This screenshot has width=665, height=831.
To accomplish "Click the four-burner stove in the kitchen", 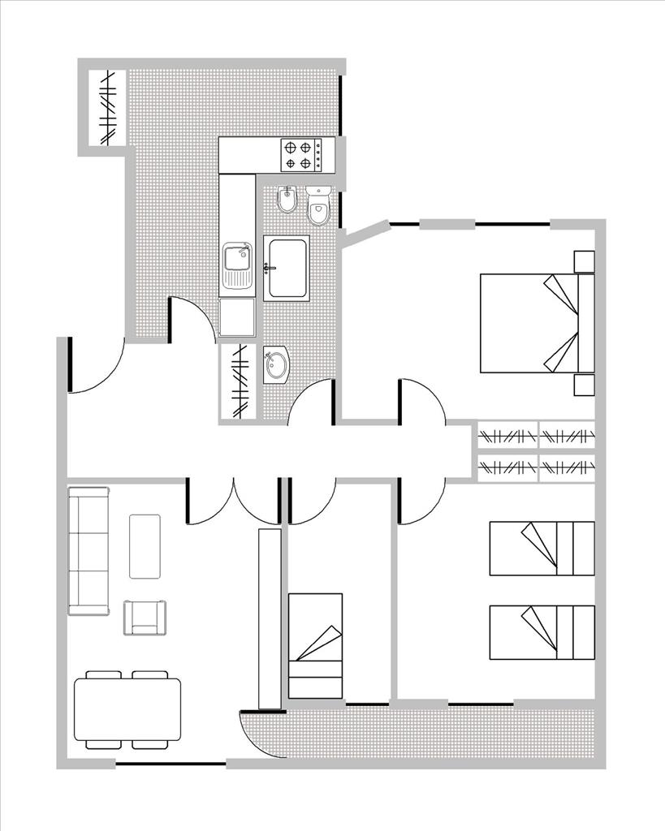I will pyautogui.click(x=300, y=155).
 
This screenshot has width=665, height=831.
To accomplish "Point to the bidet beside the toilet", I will pyautogui.click(x=287, y=200).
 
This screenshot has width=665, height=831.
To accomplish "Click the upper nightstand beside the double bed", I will pyautogui.click(x=584, y=261).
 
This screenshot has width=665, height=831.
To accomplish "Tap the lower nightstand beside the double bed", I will pyautogui.click(x=584, y=385).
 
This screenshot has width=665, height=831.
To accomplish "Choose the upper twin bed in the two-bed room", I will pyautogui.click(x=542, y=549).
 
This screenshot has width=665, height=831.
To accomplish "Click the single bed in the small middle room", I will pyautogui.click(x=315, y=645).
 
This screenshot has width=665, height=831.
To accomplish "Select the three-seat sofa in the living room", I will pyautogui.click(x=88, y=550).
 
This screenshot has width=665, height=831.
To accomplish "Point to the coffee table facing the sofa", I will pyautogui.click(x=145, y=546).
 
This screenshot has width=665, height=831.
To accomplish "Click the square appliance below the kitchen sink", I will pyautogui.click(x=236, y=317).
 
